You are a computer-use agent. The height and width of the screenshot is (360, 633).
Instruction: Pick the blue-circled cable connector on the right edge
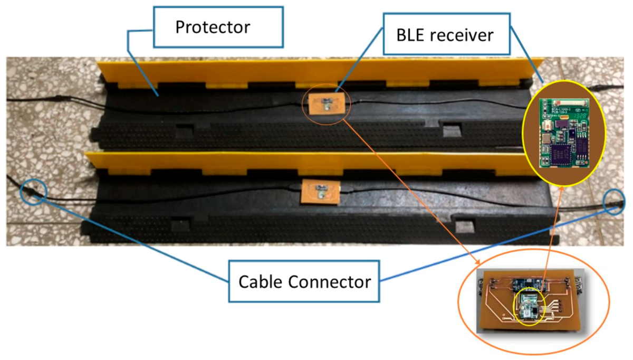point(615,202)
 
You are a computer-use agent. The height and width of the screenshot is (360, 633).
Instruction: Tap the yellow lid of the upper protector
point(316,72)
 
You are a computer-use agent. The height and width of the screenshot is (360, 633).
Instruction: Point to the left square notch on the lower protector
point(180,224)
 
